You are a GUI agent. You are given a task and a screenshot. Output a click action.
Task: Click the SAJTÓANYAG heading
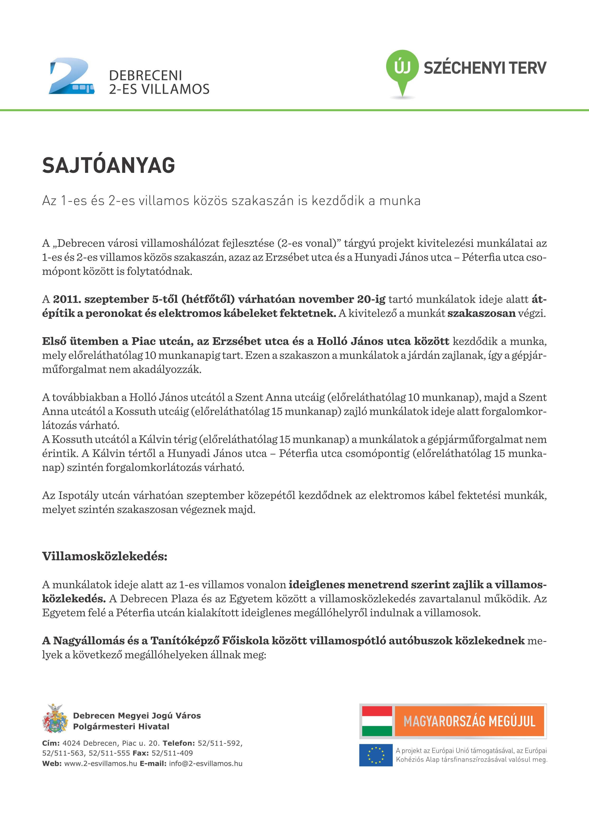point(109,166)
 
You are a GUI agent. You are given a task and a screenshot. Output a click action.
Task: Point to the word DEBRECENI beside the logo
point(145,76)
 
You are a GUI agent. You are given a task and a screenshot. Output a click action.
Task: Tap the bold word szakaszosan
point(481,313)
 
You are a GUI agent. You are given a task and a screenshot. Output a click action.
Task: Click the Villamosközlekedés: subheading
point(105,556)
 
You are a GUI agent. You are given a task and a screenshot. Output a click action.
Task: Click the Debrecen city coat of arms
point(55,719)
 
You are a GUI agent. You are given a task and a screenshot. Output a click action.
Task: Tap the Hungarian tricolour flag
point(377,721)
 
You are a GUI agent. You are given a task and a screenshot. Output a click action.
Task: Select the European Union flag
point(376,755)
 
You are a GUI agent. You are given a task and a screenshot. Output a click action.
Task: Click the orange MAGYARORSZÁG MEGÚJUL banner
point(469,721)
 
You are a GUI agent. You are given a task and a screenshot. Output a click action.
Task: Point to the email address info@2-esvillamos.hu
point(205,763)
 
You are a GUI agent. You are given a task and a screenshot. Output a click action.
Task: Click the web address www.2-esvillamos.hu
point(100,763)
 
